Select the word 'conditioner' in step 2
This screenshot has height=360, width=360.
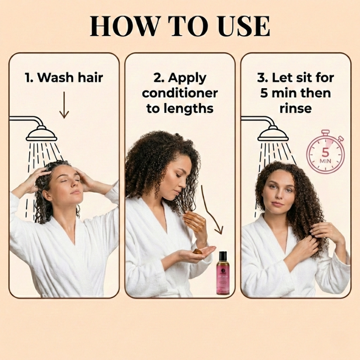(180, 93)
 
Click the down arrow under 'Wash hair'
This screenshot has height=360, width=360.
(64, 105)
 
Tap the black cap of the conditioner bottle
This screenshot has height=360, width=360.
(222, 256)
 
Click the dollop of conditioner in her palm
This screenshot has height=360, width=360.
(198, 251)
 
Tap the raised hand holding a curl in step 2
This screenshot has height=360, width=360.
(194, 221)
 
